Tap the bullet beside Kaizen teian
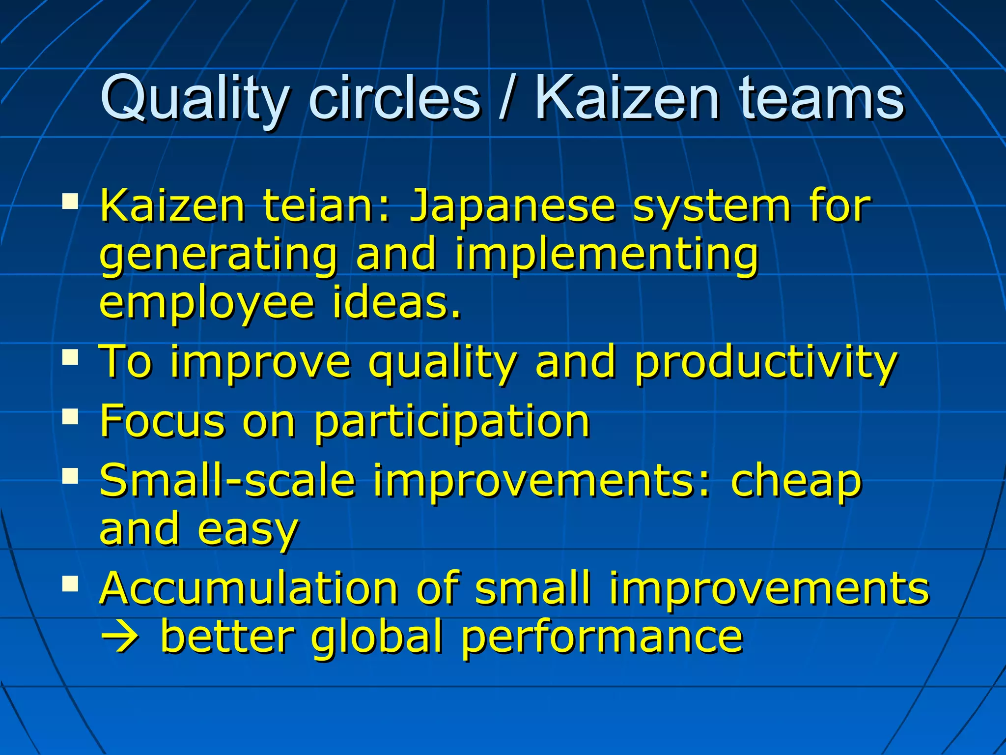(x=71, y=201)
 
